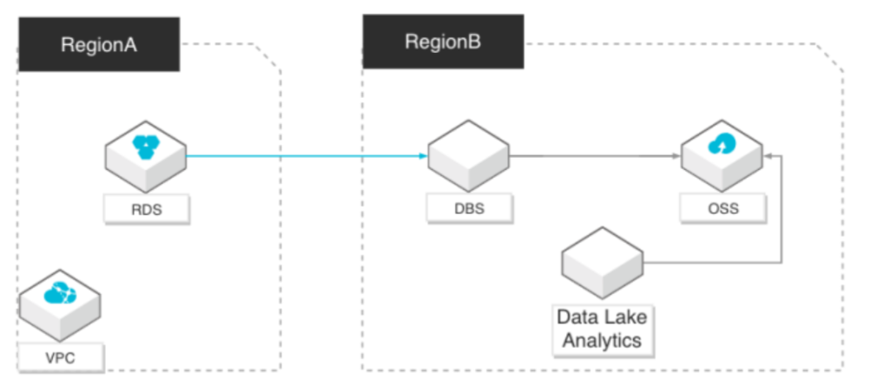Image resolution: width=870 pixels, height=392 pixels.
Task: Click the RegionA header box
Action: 99,44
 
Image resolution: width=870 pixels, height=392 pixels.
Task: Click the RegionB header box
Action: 443,42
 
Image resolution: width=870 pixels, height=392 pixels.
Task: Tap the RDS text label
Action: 147,210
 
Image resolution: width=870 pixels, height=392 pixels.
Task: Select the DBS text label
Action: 469,209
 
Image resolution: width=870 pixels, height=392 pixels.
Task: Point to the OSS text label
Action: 723,209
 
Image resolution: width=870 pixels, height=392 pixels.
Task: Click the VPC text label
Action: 61,357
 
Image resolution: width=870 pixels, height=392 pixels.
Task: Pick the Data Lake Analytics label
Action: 603,329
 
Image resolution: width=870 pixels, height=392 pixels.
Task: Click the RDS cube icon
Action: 145,156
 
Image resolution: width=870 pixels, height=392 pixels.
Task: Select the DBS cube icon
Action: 468,156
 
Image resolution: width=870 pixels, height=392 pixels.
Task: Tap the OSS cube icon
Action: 722,156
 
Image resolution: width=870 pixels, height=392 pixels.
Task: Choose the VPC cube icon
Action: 60,305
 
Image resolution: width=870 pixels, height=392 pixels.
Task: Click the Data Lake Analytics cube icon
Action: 603,262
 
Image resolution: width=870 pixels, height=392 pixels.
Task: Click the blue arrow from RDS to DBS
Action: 306,156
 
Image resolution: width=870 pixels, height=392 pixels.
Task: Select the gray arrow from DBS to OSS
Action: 595,156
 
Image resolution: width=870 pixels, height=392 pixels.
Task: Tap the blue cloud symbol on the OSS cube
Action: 722,144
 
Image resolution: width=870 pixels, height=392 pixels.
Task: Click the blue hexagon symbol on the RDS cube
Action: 145,147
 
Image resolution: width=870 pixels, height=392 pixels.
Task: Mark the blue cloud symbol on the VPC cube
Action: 60,293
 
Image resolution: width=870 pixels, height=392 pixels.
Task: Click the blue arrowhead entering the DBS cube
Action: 424,156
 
